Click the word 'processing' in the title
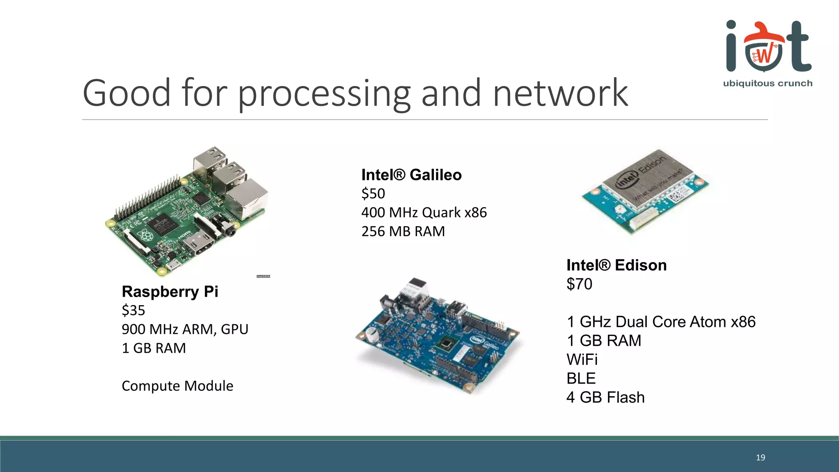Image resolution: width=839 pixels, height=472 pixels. coord(324,94)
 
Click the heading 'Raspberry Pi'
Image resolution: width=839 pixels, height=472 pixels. coord(170,292)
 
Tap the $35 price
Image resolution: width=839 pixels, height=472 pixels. coord(133,311)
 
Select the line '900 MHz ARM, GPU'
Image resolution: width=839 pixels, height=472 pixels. coord(185,329)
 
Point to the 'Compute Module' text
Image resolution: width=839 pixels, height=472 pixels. coord(177,386)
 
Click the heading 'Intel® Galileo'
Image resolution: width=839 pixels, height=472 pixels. coord(411,175)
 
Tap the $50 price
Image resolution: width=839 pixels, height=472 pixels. coord(373,194)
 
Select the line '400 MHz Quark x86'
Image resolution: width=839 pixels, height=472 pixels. coord(424,213)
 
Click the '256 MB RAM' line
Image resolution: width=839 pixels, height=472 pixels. coord(403,231)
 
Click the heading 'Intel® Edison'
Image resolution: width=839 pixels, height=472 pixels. coord(616,265)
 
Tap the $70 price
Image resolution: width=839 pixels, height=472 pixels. coord(579,284)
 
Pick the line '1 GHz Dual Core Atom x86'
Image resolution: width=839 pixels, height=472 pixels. coord(660,322)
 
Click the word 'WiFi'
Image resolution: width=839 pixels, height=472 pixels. coord(582,360)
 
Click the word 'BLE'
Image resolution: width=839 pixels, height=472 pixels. coord(580,379)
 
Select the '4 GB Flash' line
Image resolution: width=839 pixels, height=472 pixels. coord(605,397)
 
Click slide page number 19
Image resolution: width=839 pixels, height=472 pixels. coord(760,458)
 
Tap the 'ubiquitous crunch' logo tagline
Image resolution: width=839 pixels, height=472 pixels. coord(767,84)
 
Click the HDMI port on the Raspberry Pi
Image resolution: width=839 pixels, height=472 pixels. coord(198,244)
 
